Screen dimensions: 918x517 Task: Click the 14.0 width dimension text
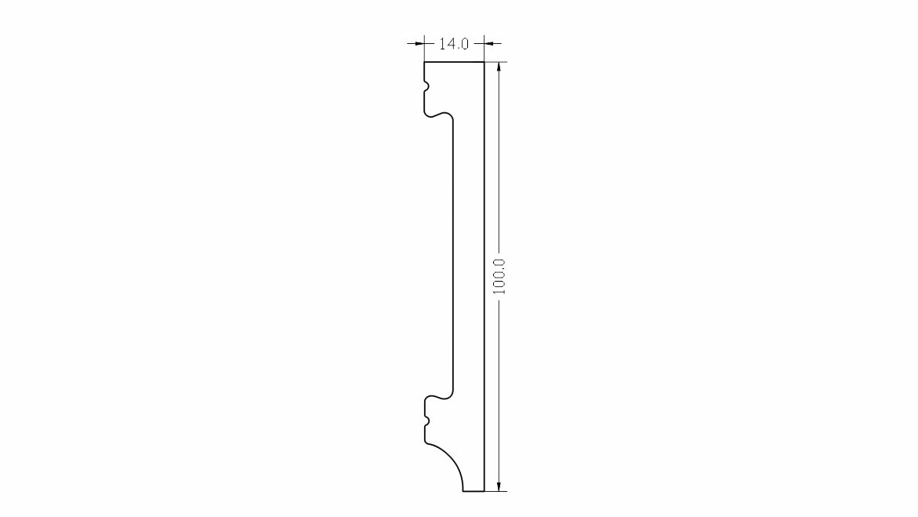454,44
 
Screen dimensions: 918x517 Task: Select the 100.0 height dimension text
499,276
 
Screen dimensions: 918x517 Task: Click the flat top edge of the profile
455,61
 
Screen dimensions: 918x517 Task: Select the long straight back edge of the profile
484,276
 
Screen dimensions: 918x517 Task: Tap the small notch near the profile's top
426,87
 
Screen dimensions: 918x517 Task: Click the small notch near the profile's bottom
426,421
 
